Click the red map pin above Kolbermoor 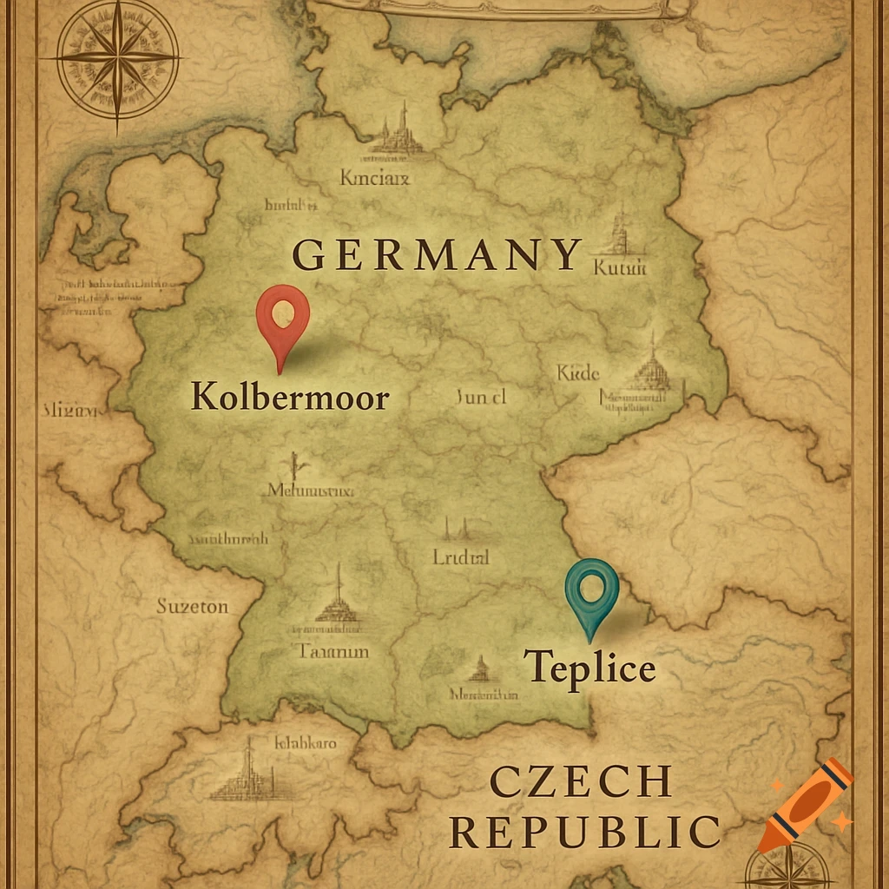click(283, 318)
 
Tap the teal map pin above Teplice click(591, 588)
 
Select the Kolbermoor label click(290, 396)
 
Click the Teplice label click(589, 668)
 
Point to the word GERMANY click(438, 254)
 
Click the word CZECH click(581, 781)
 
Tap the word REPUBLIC click(585, 832)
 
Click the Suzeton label click(192, 606)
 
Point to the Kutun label click(620, 268)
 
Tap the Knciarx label click(375, 179)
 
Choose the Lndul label click(461, 557)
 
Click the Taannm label click(334, 650)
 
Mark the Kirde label click(578, 373)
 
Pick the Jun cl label click(480, 398)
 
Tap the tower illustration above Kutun click(618, 231)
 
